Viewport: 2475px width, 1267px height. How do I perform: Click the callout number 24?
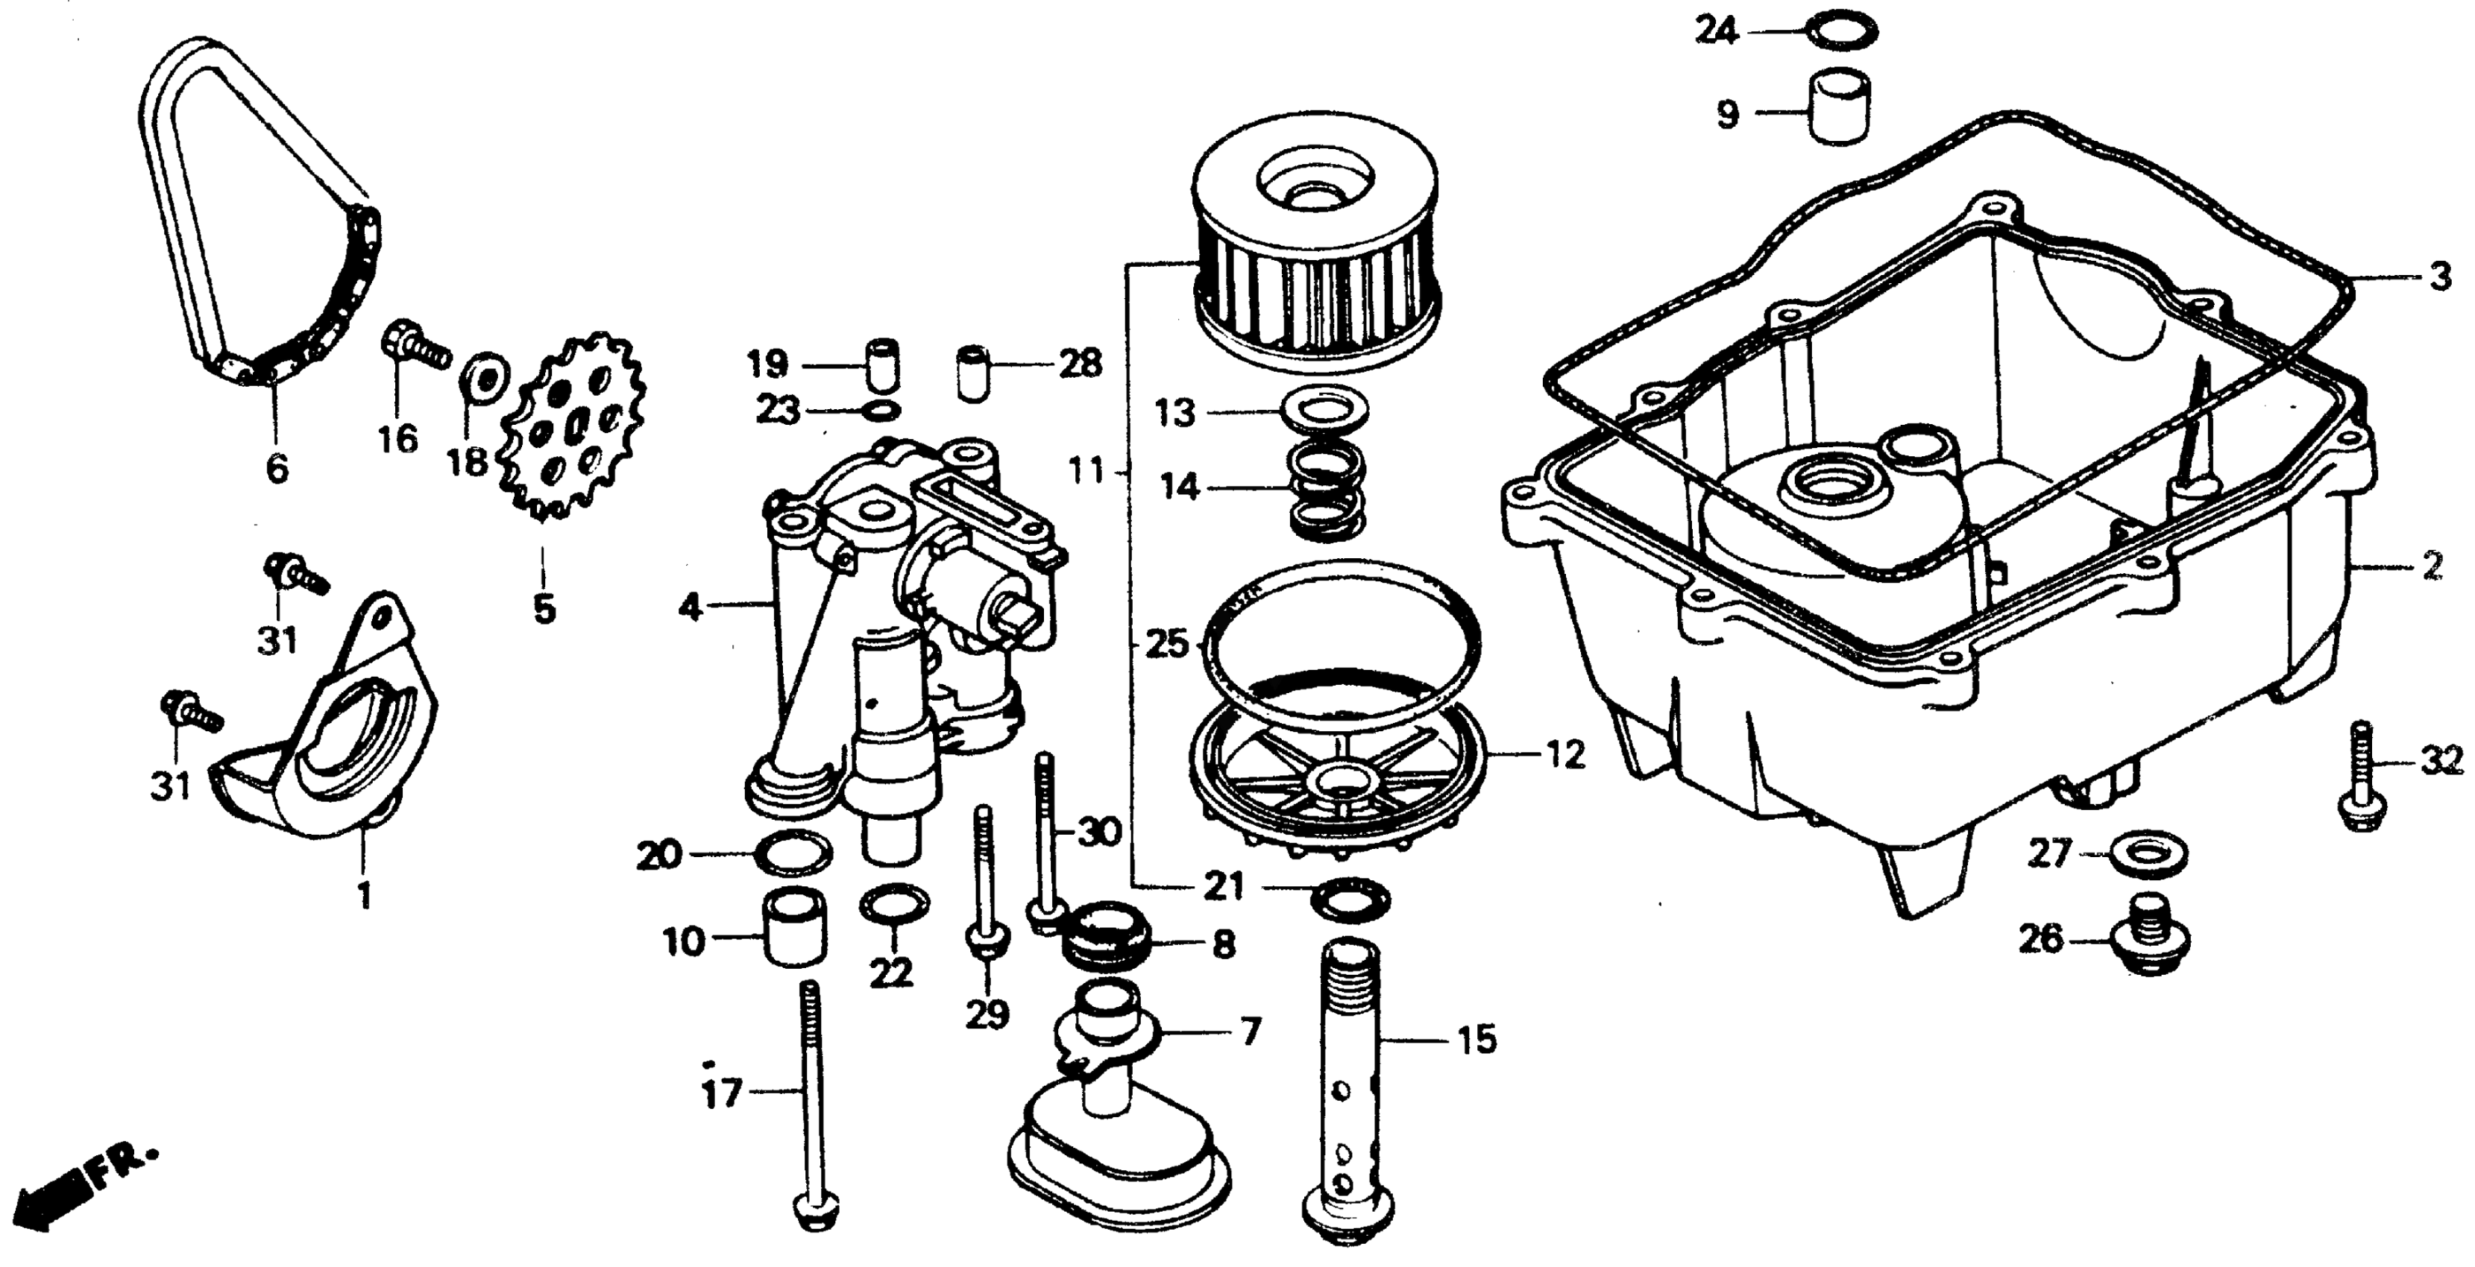(1716, 32)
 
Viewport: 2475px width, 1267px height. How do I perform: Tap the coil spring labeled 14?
(1326, 490)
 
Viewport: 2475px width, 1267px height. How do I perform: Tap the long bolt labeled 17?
(814, 1105)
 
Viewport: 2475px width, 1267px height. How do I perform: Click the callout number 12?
(1565, 755)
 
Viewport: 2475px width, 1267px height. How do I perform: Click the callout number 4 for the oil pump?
(690, 608)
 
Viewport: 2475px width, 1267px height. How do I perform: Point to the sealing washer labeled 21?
(1349, 898)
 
